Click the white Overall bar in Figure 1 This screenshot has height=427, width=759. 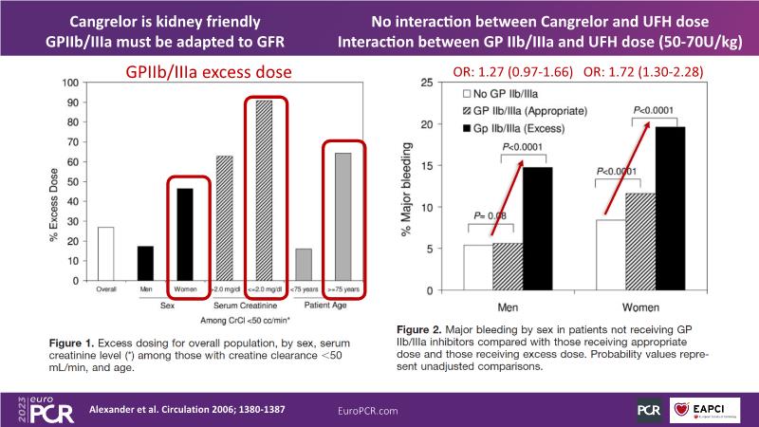pos(105,254)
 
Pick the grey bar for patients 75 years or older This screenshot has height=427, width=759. pos(343,218)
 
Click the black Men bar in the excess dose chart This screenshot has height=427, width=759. pos(145,264)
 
